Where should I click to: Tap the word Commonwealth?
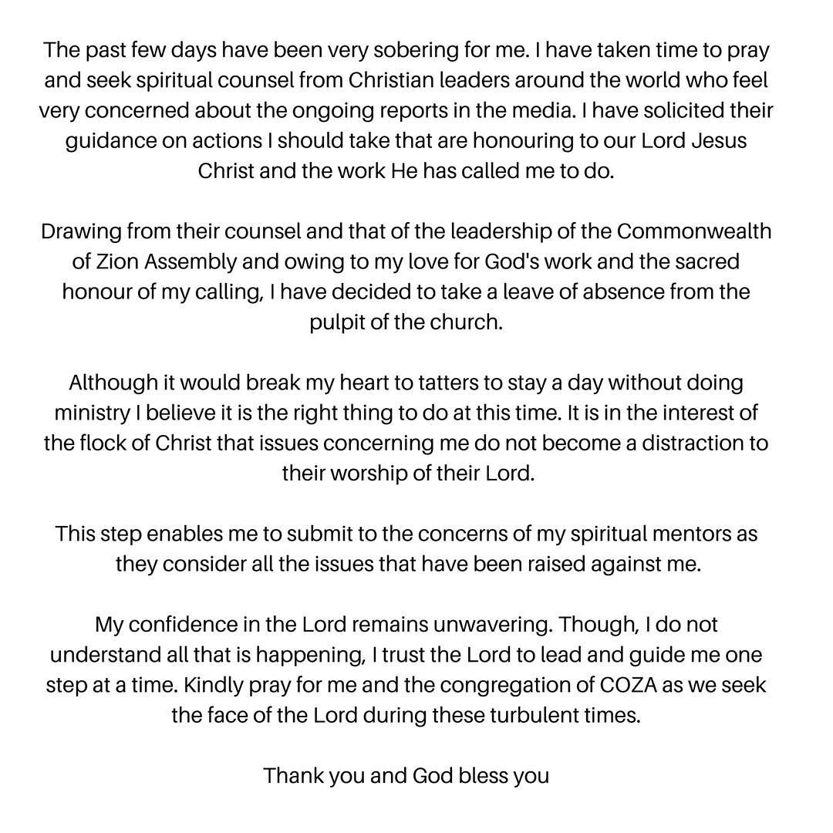[694, 231]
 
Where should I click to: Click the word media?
[542, 111]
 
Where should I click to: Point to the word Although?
[114, 383]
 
